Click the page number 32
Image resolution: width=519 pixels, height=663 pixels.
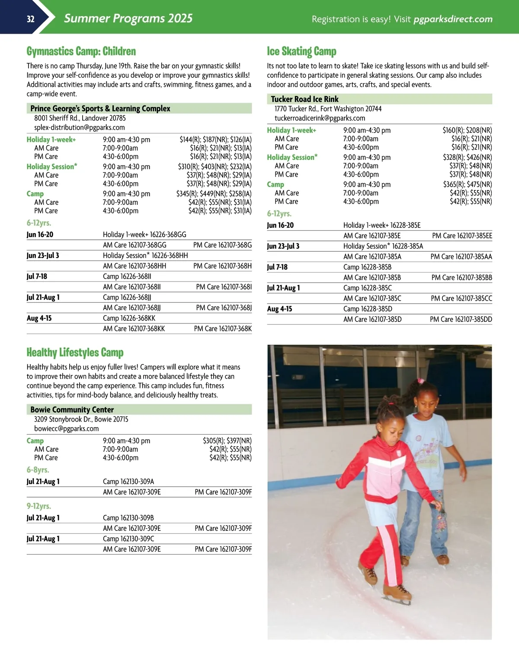(30, 19)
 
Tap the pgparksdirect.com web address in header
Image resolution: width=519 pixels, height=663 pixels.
(453, 19)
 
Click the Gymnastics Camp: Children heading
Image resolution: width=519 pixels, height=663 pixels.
(81, 51)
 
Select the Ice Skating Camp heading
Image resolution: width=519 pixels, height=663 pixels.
(301, 51)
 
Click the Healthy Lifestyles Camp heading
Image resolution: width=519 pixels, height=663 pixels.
(75, 352)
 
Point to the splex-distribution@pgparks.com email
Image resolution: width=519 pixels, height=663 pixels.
(80, 127)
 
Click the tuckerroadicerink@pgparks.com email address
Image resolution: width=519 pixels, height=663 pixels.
(320, 118)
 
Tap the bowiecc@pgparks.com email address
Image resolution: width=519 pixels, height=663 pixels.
(67, 428)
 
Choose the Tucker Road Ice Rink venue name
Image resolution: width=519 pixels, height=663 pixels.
(304, 99)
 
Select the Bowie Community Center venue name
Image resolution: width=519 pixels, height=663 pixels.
(72, 409)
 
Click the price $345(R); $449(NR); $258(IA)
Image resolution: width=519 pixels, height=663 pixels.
(214, 194)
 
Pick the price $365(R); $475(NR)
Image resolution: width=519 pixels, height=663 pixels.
(467, 184)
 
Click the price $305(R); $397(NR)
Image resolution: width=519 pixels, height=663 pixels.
(227, 441)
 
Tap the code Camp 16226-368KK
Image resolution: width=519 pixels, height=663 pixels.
(129, 318)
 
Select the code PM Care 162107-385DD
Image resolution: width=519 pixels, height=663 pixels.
(461, 319)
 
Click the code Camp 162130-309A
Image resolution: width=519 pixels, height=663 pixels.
(128, 482)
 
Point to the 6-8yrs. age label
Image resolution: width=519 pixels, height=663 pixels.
(38, 470)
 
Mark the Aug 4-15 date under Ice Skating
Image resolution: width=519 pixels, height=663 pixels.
(279, 309)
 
